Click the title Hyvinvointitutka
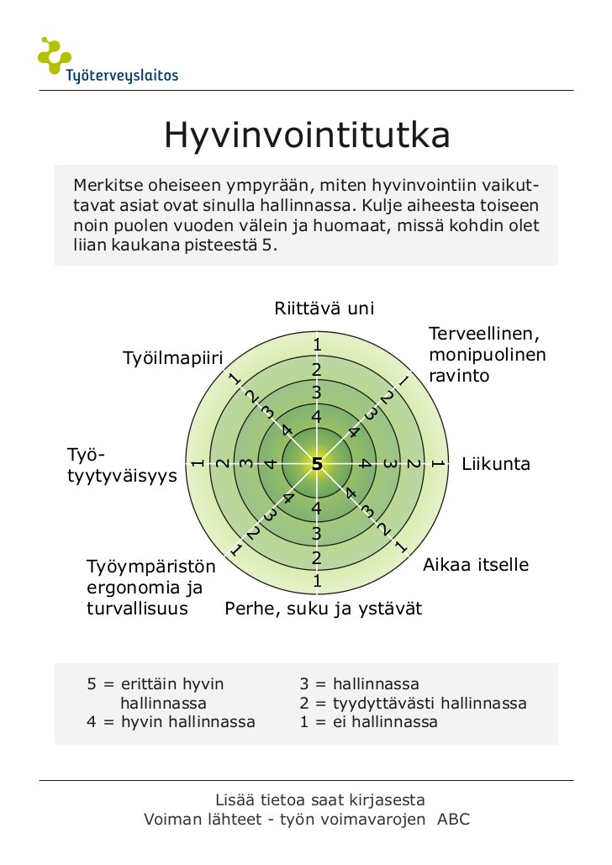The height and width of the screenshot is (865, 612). pyautogui.click(x=307, y=135)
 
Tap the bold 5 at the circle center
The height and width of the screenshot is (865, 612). pyautogui.click(x=317, y=464)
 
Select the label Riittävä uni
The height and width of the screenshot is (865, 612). pyautogui.click(x=324, y=309)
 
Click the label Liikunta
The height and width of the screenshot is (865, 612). pyautogui.click(x=496, y=464)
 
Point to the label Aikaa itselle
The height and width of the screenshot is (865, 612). pyautogui.click(x=475, y=565)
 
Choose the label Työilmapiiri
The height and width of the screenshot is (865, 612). pyautogui.click(x=172, y=359)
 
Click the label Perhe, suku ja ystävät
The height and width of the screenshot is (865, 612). pyautogui.click(x=323, y=609)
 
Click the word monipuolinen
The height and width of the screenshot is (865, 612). pyautogui.click(x=487, y=355)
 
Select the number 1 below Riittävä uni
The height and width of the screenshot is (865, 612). pyautogui.click(x=317, y=345)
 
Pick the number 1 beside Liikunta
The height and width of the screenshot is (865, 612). pyautogui.click(x=437, y=463)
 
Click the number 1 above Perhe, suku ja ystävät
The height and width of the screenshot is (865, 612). pyautogui.click(x=317, y=581)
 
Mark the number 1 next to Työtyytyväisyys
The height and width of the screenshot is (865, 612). pyautogui.click(x=197, y=463)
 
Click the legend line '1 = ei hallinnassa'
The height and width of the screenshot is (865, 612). pyautogui.click(x=368, y=722)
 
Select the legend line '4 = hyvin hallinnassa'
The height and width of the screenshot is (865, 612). pyautogui.click(x=171, y=722)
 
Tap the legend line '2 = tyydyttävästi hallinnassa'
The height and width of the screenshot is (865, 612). pyautogui.click(x=413, y=704)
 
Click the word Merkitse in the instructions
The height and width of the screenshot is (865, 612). pyautogui.click(x=104, y=185)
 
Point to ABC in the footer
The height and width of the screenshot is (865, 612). pyautogui.click(x=453, y=820)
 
